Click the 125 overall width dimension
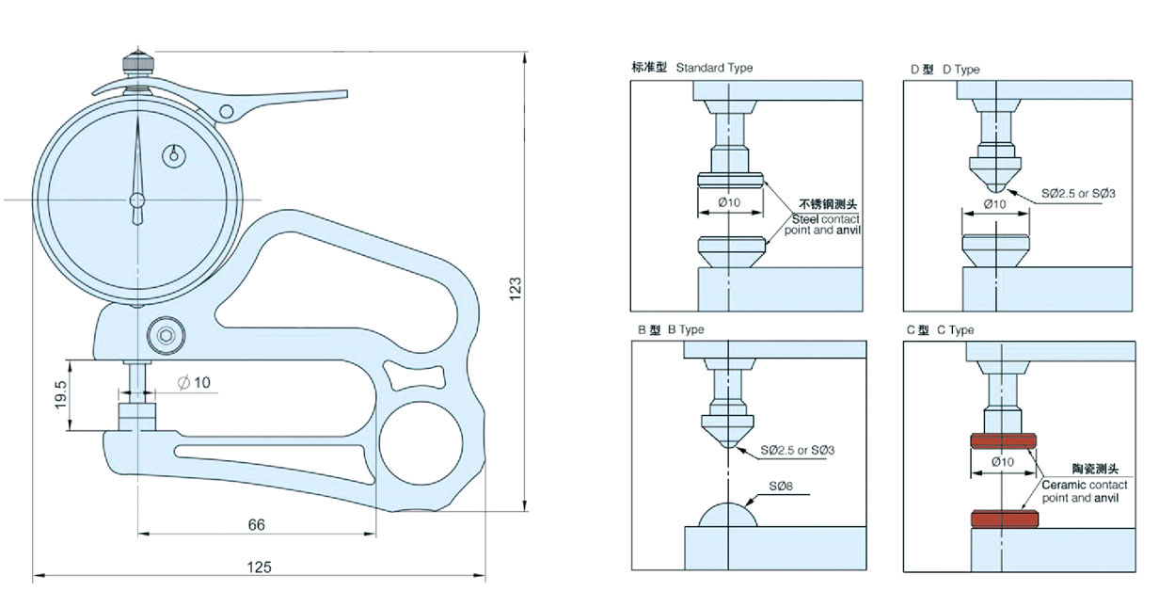tap(260, 567)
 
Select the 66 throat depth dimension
tap(256, 523)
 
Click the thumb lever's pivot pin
tap(225, 113)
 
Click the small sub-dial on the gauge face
tap(173, 156)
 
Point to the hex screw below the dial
tap(167, 335)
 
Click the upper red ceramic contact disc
tap(1003, 441)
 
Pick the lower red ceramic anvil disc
tap(1005, 519)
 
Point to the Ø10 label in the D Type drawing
tap(996, 204)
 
